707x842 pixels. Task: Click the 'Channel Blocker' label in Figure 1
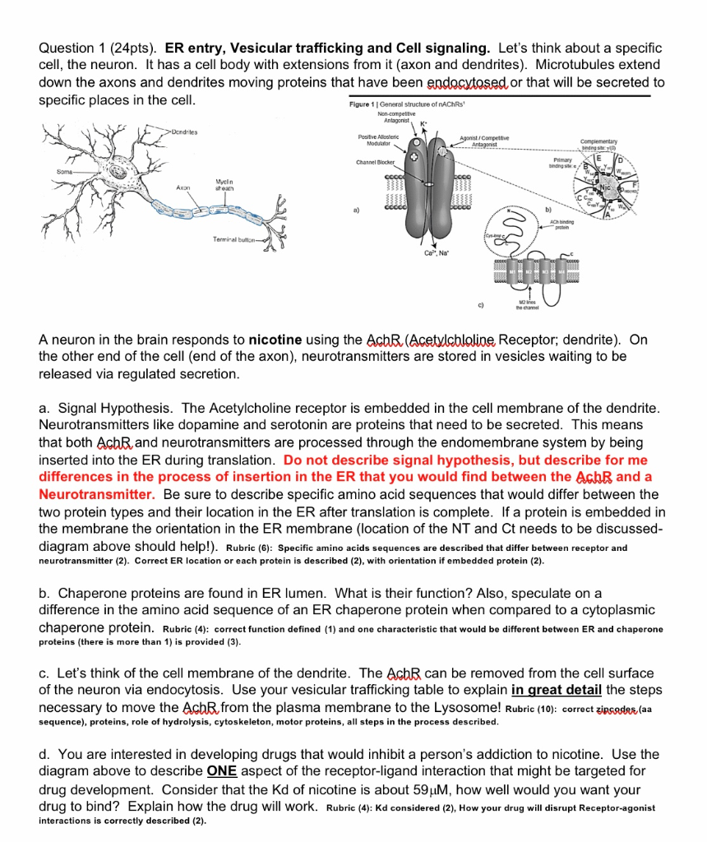376,163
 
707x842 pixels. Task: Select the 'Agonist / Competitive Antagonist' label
484,140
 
